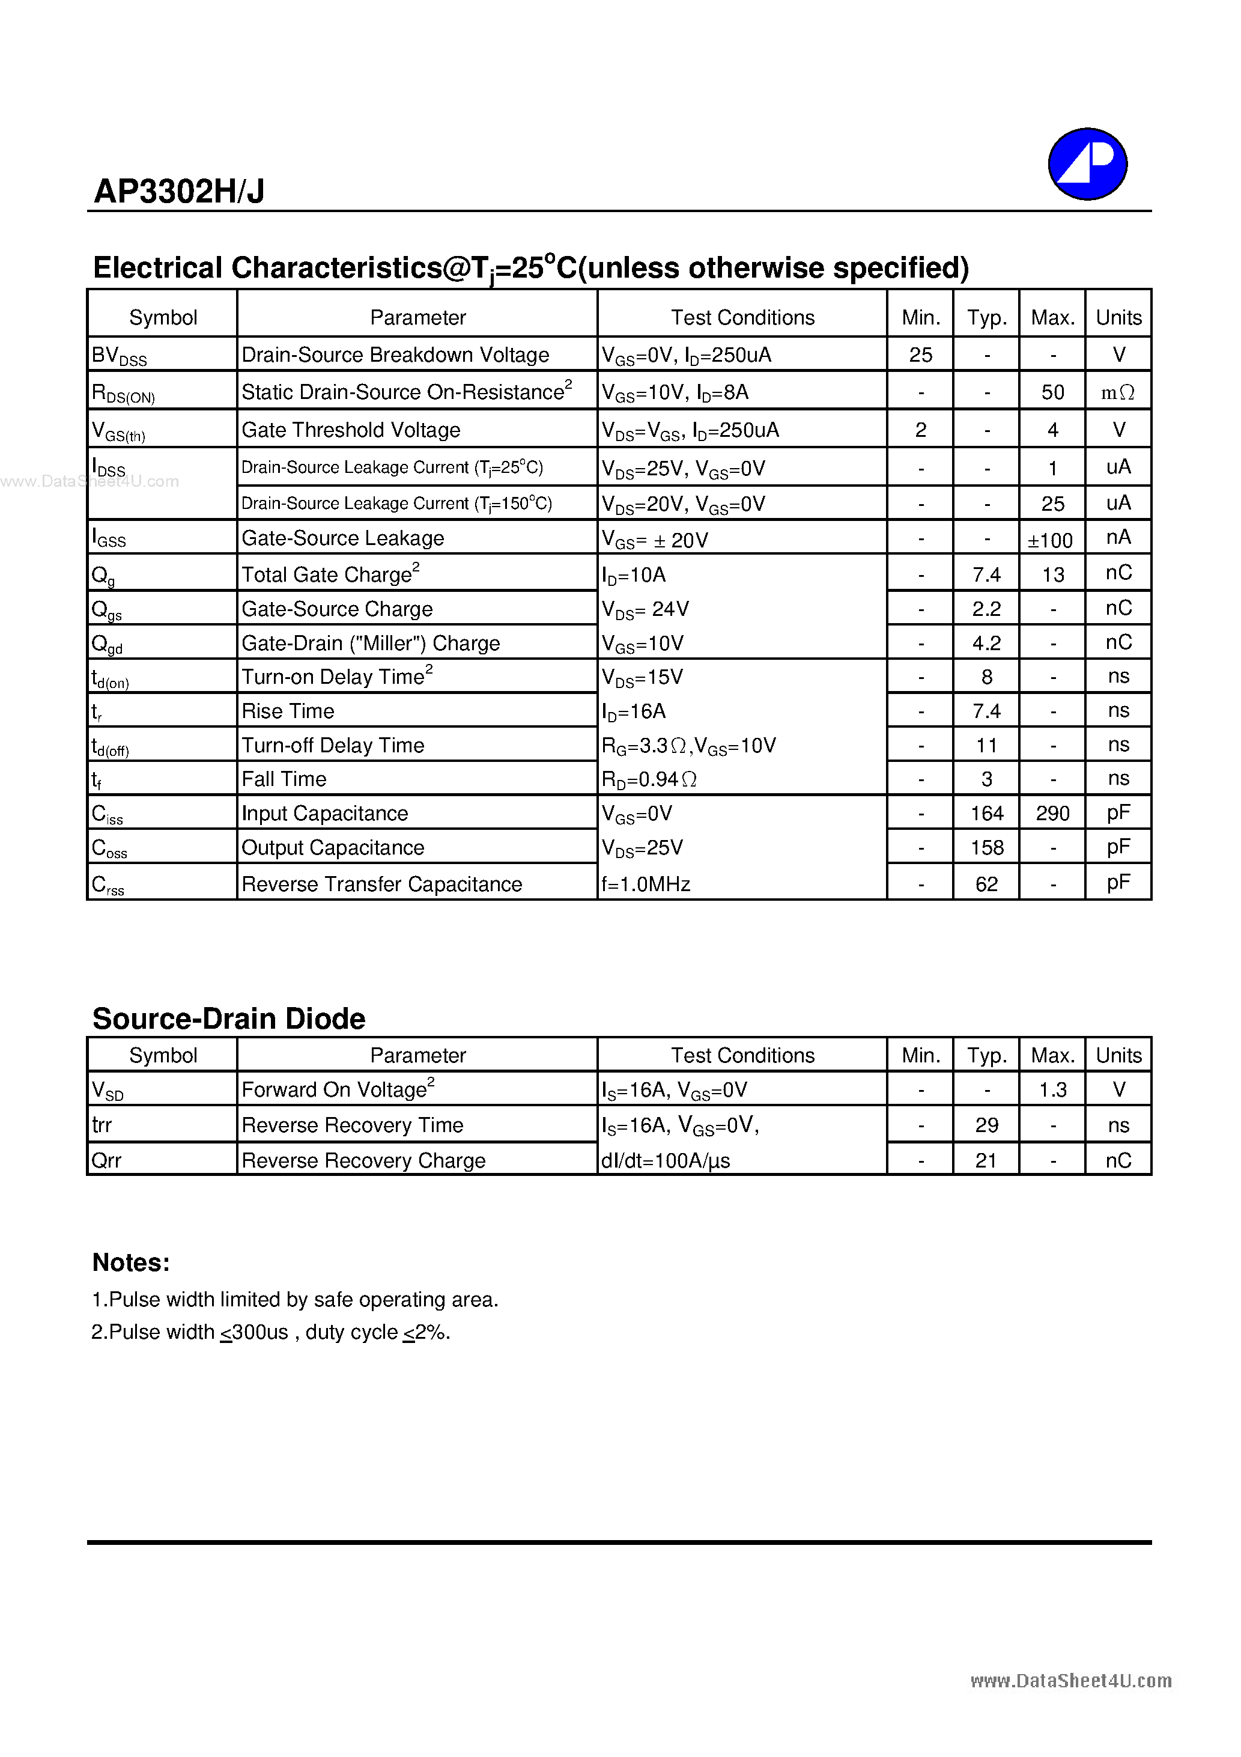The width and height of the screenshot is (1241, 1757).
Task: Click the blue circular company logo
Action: (x=1087, y=164)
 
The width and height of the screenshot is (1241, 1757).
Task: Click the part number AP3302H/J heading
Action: (x=179, y=191)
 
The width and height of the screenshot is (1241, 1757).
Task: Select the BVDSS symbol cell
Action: (x=120, y=356)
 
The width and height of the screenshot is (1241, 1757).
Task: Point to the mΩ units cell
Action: (x=1118, y=392)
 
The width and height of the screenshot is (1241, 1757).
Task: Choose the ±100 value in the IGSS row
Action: (x=1051, y=540)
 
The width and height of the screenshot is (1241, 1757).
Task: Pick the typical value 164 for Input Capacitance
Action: (x=986, y=814)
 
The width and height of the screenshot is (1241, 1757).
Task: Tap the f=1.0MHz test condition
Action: (x=646, y=885)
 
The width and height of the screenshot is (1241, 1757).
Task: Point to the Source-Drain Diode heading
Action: (x=229, y=1019)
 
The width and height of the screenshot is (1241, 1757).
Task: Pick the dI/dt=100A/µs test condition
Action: (x=665, y=1161)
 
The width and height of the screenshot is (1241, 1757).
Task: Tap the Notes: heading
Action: (x=131, y=1262)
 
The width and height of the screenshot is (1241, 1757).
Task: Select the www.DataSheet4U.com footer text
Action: (x=1070, y=1681)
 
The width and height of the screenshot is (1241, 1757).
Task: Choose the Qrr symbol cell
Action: (x=106, y=1161)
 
